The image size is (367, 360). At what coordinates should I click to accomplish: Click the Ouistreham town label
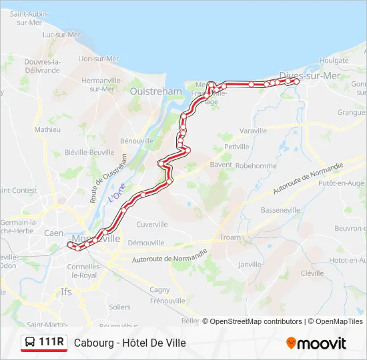tap(155, 91)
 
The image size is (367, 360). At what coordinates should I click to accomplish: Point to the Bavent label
tap(220, 165)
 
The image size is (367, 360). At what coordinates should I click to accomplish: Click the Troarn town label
tap(230, 237)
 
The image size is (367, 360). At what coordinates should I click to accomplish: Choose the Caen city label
tap(53, 233)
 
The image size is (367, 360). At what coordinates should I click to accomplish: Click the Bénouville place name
tap(137, 141)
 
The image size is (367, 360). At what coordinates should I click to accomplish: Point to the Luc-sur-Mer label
tap(61, 35)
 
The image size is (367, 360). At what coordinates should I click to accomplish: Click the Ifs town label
tap(66, 291)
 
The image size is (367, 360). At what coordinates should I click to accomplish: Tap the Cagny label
tap(160, 289)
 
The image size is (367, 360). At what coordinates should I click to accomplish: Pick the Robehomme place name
tap(256, 165)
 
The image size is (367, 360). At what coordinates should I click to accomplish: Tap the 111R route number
tap(51, 343)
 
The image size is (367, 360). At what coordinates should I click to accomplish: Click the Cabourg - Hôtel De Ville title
tap(130, 343)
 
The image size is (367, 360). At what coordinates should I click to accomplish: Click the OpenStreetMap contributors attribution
tap(252, 321)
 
